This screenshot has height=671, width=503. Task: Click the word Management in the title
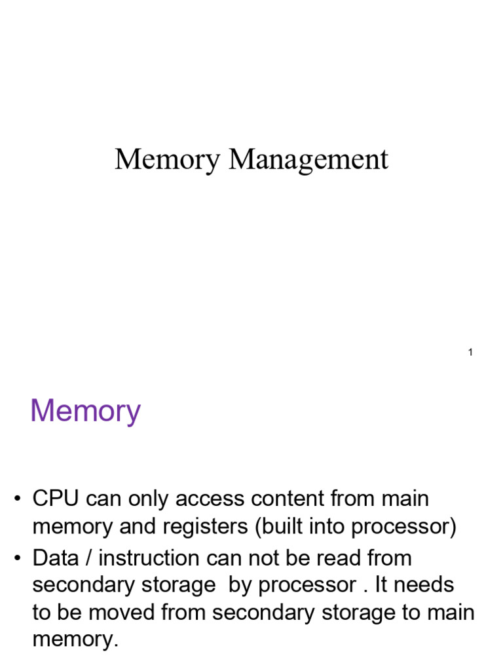pos(308,160)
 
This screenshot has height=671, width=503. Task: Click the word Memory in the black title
pos(167,160)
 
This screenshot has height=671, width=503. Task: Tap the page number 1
pos(470,353)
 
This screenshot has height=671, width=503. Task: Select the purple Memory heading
pos(85,412)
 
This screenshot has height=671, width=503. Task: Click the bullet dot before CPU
pos(19,500)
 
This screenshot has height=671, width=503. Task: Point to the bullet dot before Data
pos(19,559)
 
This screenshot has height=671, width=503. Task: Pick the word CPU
pos(55,499)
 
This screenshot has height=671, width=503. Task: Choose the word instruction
pos(151,558)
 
